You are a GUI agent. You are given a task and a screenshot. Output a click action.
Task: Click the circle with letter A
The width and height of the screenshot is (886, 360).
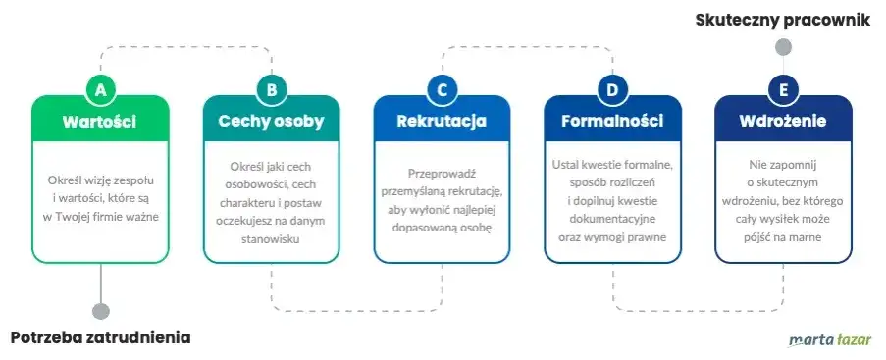(x=101, y=90)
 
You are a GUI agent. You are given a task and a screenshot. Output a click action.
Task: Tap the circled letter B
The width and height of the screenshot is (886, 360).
(x=272, y=90)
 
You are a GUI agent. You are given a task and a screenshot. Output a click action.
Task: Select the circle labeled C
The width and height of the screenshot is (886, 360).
(x=443, y=90)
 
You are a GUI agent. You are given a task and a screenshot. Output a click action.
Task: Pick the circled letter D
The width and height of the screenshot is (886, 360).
(x=613, y=90)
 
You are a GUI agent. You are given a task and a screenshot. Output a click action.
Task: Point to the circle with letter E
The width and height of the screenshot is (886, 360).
(x=784, y=90)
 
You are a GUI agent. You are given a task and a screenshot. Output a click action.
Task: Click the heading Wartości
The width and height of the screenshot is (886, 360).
(x=99, y=122)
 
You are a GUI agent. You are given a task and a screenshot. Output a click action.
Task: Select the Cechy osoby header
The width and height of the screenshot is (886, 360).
(x=271, y=122)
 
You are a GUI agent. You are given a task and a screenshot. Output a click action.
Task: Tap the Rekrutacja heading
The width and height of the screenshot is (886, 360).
(x=442, y=122)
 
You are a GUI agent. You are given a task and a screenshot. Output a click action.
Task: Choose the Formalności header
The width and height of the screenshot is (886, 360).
(x=612, y=122)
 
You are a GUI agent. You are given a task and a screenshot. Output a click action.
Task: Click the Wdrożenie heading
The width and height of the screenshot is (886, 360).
(x=783, y=122)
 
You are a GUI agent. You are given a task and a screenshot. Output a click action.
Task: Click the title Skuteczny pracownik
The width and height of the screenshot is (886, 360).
(x=783, y=20)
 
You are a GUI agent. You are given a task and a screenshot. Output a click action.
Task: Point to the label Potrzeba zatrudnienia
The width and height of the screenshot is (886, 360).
(x=101, y=338)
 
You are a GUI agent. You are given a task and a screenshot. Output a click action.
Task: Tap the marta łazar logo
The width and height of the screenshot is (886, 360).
(x=830, y=340)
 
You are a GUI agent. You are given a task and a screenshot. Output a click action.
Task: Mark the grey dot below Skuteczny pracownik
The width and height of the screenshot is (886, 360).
(x=783, y=46)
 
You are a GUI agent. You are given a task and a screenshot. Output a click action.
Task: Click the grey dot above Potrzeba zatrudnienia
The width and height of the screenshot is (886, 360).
(x=101, y=311)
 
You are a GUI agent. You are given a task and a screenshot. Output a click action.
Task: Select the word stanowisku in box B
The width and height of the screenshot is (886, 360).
(x=271, y=239)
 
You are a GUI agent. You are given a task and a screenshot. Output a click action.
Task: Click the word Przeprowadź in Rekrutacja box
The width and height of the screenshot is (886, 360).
(x=442, y=174)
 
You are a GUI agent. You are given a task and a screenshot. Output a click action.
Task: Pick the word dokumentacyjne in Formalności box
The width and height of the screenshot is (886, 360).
(x=612, y=219)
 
